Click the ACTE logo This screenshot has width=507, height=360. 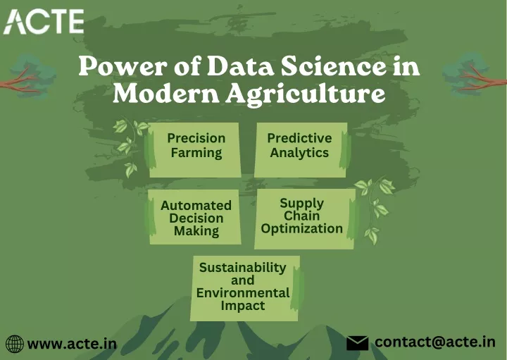coord(44,21)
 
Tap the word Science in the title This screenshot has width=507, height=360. coord(333,66)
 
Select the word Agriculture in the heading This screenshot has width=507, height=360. coord(305,94)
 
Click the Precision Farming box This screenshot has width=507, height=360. coord(194,150)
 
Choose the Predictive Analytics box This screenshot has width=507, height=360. coord(301,150)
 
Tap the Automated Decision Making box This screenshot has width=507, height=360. coord(194,217)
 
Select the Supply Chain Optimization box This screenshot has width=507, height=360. coord(305,219)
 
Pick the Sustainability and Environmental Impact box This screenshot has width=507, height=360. coord(245,288)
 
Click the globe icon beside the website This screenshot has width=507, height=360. coord(15,344)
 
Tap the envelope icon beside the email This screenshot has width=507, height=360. coord(357,343)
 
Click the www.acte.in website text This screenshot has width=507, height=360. coord(72,344)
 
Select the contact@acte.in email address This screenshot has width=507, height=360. coord(435,342)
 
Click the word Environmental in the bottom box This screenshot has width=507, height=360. coord(243,293)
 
